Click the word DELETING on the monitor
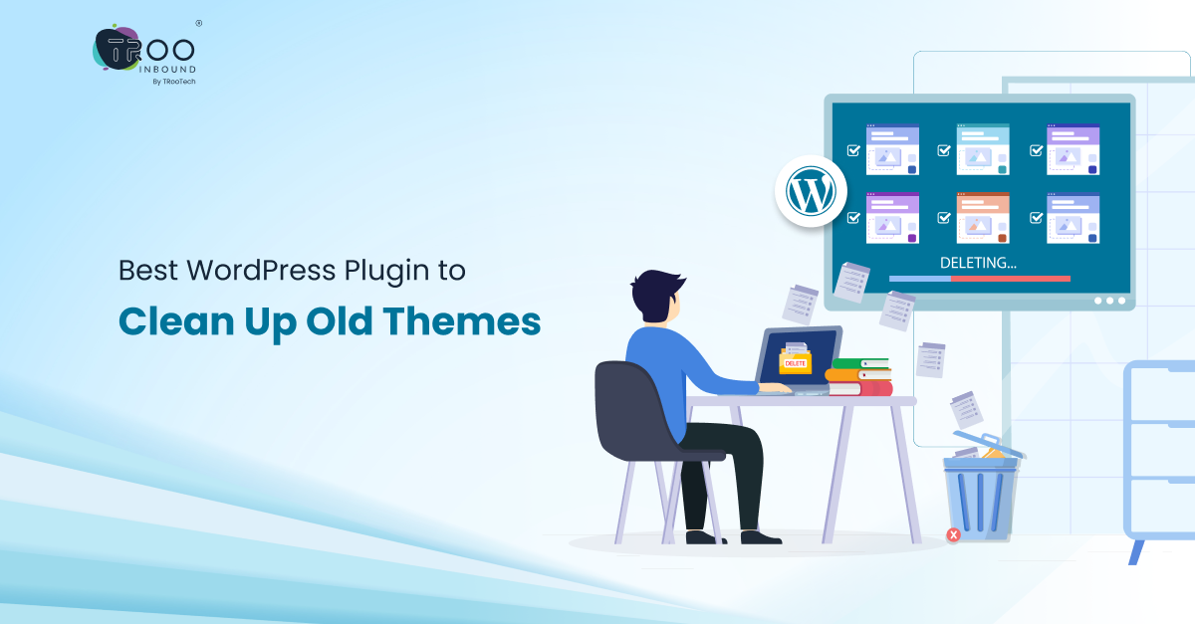click(979, 264)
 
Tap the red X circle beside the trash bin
click(953, 535)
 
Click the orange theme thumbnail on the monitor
click(982, 218)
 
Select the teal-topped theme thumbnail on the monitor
click(982, 149)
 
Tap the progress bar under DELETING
click(979, 279)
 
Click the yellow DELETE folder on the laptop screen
click(795, 360)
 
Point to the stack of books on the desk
click(858, 377)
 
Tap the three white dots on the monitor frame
click(1109, 300)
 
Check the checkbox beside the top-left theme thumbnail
click(852, 151)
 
